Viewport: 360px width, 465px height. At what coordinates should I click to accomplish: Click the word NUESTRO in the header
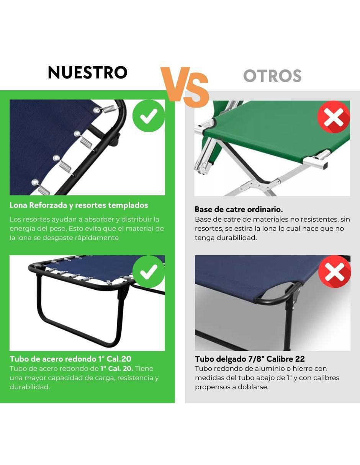(x=88, y=72)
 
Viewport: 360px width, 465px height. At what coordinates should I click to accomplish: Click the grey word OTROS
(x=272, y=75)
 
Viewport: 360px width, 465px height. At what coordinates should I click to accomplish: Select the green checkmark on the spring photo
(x=149, y=116)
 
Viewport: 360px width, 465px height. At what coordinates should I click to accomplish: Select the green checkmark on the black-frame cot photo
(x=149, y=272)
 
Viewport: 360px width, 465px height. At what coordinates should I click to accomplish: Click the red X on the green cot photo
(x=334, y=117)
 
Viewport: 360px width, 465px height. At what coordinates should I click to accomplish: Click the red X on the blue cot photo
(x=334, y=272)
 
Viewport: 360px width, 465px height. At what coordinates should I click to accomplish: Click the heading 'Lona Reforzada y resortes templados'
(x=79, y=205)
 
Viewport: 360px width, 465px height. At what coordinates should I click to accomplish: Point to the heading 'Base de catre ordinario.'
(x=239, y=209)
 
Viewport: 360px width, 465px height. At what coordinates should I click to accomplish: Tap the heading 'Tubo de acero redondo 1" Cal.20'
(x=70, y=359)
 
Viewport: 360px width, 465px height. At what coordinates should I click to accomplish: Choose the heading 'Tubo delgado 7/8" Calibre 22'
(x=250, y=359)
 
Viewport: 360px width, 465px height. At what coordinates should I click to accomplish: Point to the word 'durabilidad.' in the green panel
(x=30, y=387)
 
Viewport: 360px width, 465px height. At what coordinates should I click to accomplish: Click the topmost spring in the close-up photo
(x=110, y=109)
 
